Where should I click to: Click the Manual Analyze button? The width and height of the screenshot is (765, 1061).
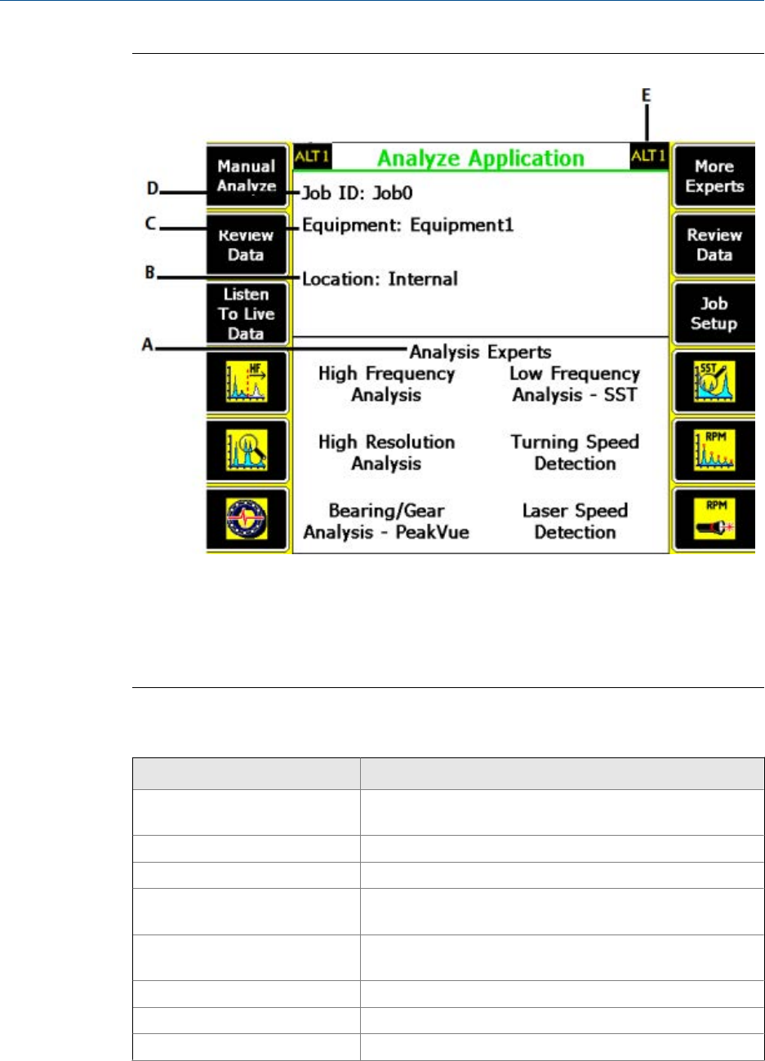[x=247, y=175]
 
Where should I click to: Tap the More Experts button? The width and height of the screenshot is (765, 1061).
[x=714, y=175]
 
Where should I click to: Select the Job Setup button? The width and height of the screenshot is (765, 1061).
[x=714, y=313]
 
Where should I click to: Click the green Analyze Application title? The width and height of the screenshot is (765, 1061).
[x=480, y=158]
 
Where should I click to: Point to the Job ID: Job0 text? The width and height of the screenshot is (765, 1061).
[x=358, y=193]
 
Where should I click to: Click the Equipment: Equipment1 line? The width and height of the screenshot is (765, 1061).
[x=408, y=224]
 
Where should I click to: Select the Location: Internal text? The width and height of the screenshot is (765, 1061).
[x=380, y=279]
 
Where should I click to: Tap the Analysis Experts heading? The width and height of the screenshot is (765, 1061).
[x=480, y=353]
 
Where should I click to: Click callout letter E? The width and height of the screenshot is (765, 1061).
[x=647, y=95]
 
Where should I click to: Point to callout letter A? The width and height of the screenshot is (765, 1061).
[x=147, y=345]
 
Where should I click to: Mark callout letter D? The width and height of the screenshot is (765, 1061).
[x=152, y=189]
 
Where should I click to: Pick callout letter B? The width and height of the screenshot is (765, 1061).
[x=150, y=273]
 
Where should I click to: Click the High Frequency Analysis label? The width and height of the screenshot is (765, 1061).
[x=386, y=384]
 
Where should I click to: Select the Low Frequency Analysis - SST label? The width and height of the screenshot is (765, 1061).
[x=575, y=384]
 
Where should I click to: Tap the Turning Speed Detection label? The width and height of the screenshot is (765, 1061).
[x=575, y=453]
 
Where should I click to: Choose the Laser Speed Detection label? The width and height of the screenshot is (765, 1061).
[x=575, y=522]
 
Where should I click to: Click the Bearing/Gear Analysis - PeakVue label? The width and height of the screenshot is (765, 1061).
[x=386, y=522]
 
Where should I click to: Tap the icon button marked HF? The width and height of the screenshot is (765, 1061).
[x=247, y=383]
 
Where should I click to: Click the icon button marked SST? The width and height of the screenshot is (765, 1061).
[x=714, y=383]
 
